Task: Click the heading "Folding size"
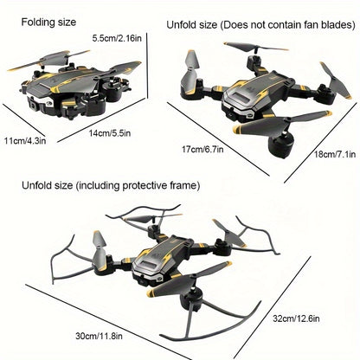48,22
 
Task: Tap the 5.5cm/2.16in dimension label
117,38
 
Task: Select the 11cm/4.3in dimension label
25,140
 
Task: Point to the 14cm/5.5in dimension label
109,133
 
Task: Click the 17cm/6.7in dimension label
202,149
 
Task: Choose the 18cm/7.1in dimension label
335,154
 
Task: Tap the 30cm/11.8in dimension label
99,336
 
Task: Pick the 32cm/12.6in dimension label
296,318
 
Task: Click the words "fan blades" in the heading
330,25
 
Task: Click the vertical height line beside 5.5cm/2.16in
148,66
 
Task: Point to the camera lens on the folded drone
34,106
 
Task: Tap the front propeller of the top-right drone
282,124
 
